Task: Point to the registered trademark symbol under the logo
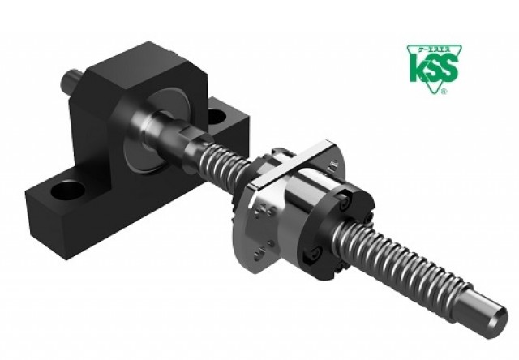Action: [x=441, y=92]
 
